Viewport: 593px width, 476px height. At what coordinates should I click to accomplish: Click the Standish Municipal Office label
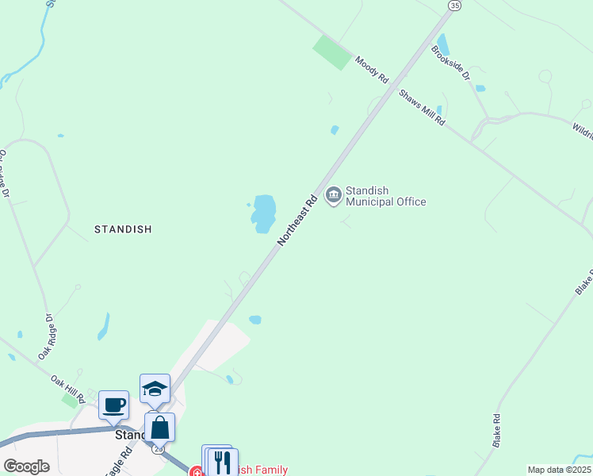[x=385, y=196]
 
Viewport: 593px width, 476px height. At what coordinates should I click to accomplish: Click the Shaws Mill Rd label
[x=422, y=109]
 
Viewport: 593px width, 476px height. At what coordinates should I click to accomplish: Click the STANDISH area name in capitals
[x=123, y=229]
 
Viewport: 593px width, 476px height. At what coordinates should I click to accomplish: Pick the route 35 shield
[x=453, y=6]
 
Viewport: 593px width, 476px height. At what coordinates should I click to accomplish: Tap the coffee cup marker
[x=113, y=405]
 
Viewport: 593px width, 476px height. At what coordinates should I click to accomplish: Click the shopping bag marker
[x=159, y=427]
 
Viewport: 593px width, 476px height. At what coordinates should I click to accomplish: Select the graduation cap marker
[x=155, y=388]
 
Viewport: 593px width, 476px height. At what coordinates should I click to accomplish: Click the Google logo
[x=26, y=466]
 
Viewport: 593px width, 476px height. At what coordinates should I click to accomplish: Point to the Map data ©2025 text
[x=559, y=470]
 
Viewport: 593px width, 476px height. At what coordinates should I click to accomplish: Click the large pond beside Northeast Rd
[x=263, y=213]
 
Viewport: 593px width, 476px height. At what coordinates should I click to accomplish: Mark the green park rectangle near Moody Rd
[x=333, y=52]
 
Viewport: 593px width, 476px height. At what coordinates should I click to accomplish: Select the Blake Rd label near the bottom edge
[x=496, y=429]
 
